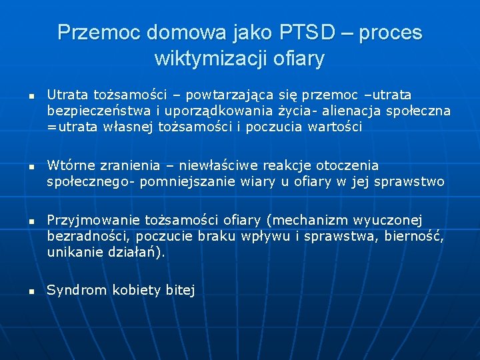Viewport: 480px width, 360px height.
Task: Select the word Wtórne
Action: pos(69,165)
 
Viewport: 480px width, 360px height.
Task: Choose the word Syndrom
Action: pos(76,291)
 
